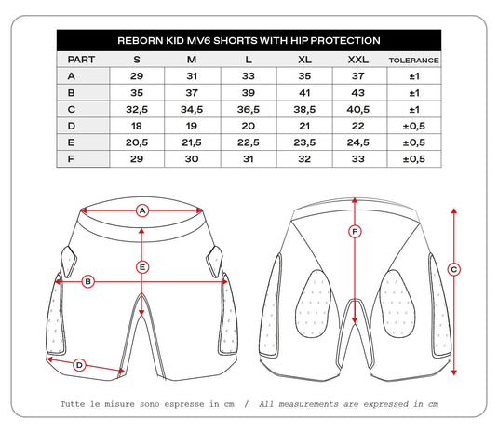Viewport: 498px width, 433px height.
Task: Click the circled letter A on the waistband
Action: point(142,210)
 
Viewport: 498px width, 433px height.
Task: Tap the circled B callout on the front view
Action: point(87,280)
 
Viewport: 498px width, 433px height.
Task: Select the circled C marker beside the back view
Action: point(453,270)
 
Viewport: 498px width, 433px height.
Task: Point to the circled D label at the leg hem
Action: point(79,365)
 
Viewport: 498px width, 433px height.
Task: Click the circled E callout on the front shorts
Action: point(142,267)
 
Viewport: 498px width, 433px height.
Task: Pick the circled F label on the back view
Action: point(354,230)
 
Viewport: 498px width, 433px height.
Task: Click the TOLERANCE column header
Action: point(413,59)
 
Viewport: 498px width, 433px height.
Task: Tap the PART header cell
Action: point(82,59)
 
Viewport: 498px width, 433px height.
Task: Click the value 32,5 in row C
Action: point(137,108)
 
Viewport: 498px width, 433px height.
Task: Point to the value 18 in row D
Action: point(137,126)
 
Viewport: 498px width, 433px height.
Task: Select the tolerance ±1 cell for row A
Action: point(413,75)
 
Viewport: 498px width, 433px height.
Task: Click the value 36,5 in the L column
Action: point(247,108)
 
